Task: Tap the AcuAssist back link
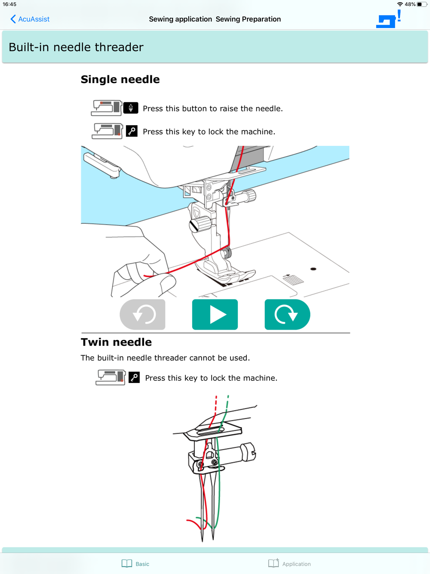tap(30, 19)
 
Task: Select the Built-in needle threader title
tap(76, 47)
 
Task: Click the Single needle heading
tap(120, 79)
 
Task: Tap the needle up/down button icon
tap(131, 108)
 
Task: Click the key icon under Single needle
tap(132, 131)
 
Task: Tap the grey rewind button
tap(143, 315)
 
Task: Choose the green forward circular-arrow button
tap(287, 315)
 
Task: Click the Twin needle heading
tap(116, 342)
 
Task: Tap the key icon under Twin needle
tap(134, 377)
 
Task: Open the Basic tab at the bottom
tap(135, 564)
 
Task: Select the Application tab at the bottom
tap(289, 564)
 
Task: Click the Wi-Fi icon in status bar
tap(400, 4)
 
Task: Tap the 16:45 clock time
tap(9, 4)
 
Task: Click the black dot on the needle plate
tap(313, 269)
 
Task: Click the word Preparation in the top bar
tap(261, 19)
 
